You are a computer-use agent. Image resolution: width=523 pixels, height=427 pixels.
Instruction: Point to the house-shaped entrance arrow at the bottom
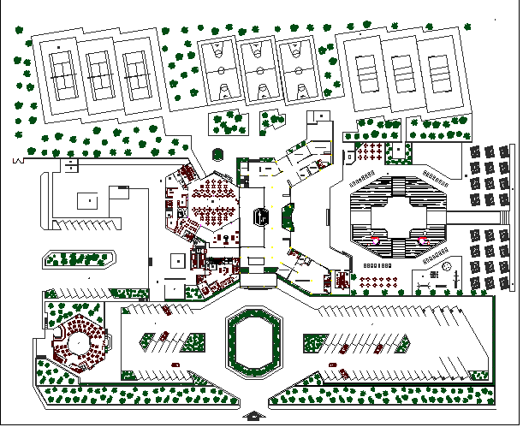254,416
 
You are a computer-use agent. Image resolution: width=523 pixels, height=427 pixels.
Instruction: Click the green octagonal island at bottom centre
253,343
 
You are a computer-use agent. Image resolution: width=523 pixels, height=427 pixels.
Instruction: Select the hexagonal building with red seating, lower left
79,343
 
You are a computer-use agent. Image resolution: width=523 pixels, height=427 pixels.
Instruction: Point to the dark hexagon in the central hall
263,216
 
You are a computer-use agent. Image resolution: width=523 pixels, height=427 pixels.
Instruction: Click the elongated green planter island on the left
79,259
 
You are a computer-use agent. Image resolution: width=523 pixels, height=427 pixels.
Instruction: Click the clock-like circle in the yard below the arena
445,269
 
